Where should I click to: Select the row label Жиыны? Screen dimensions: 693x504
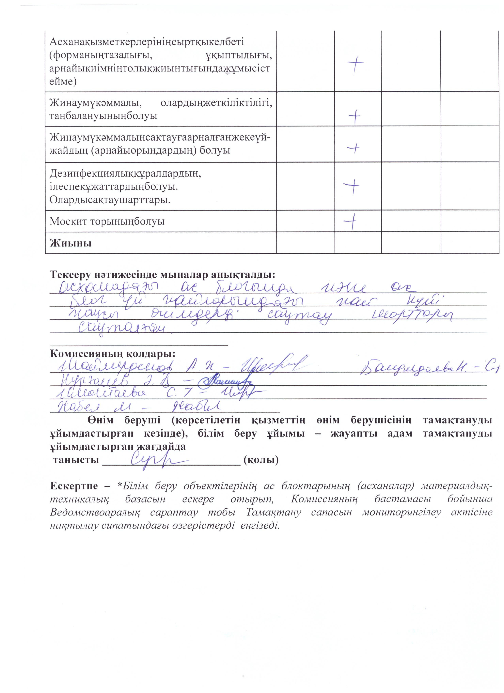(70, 243)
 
